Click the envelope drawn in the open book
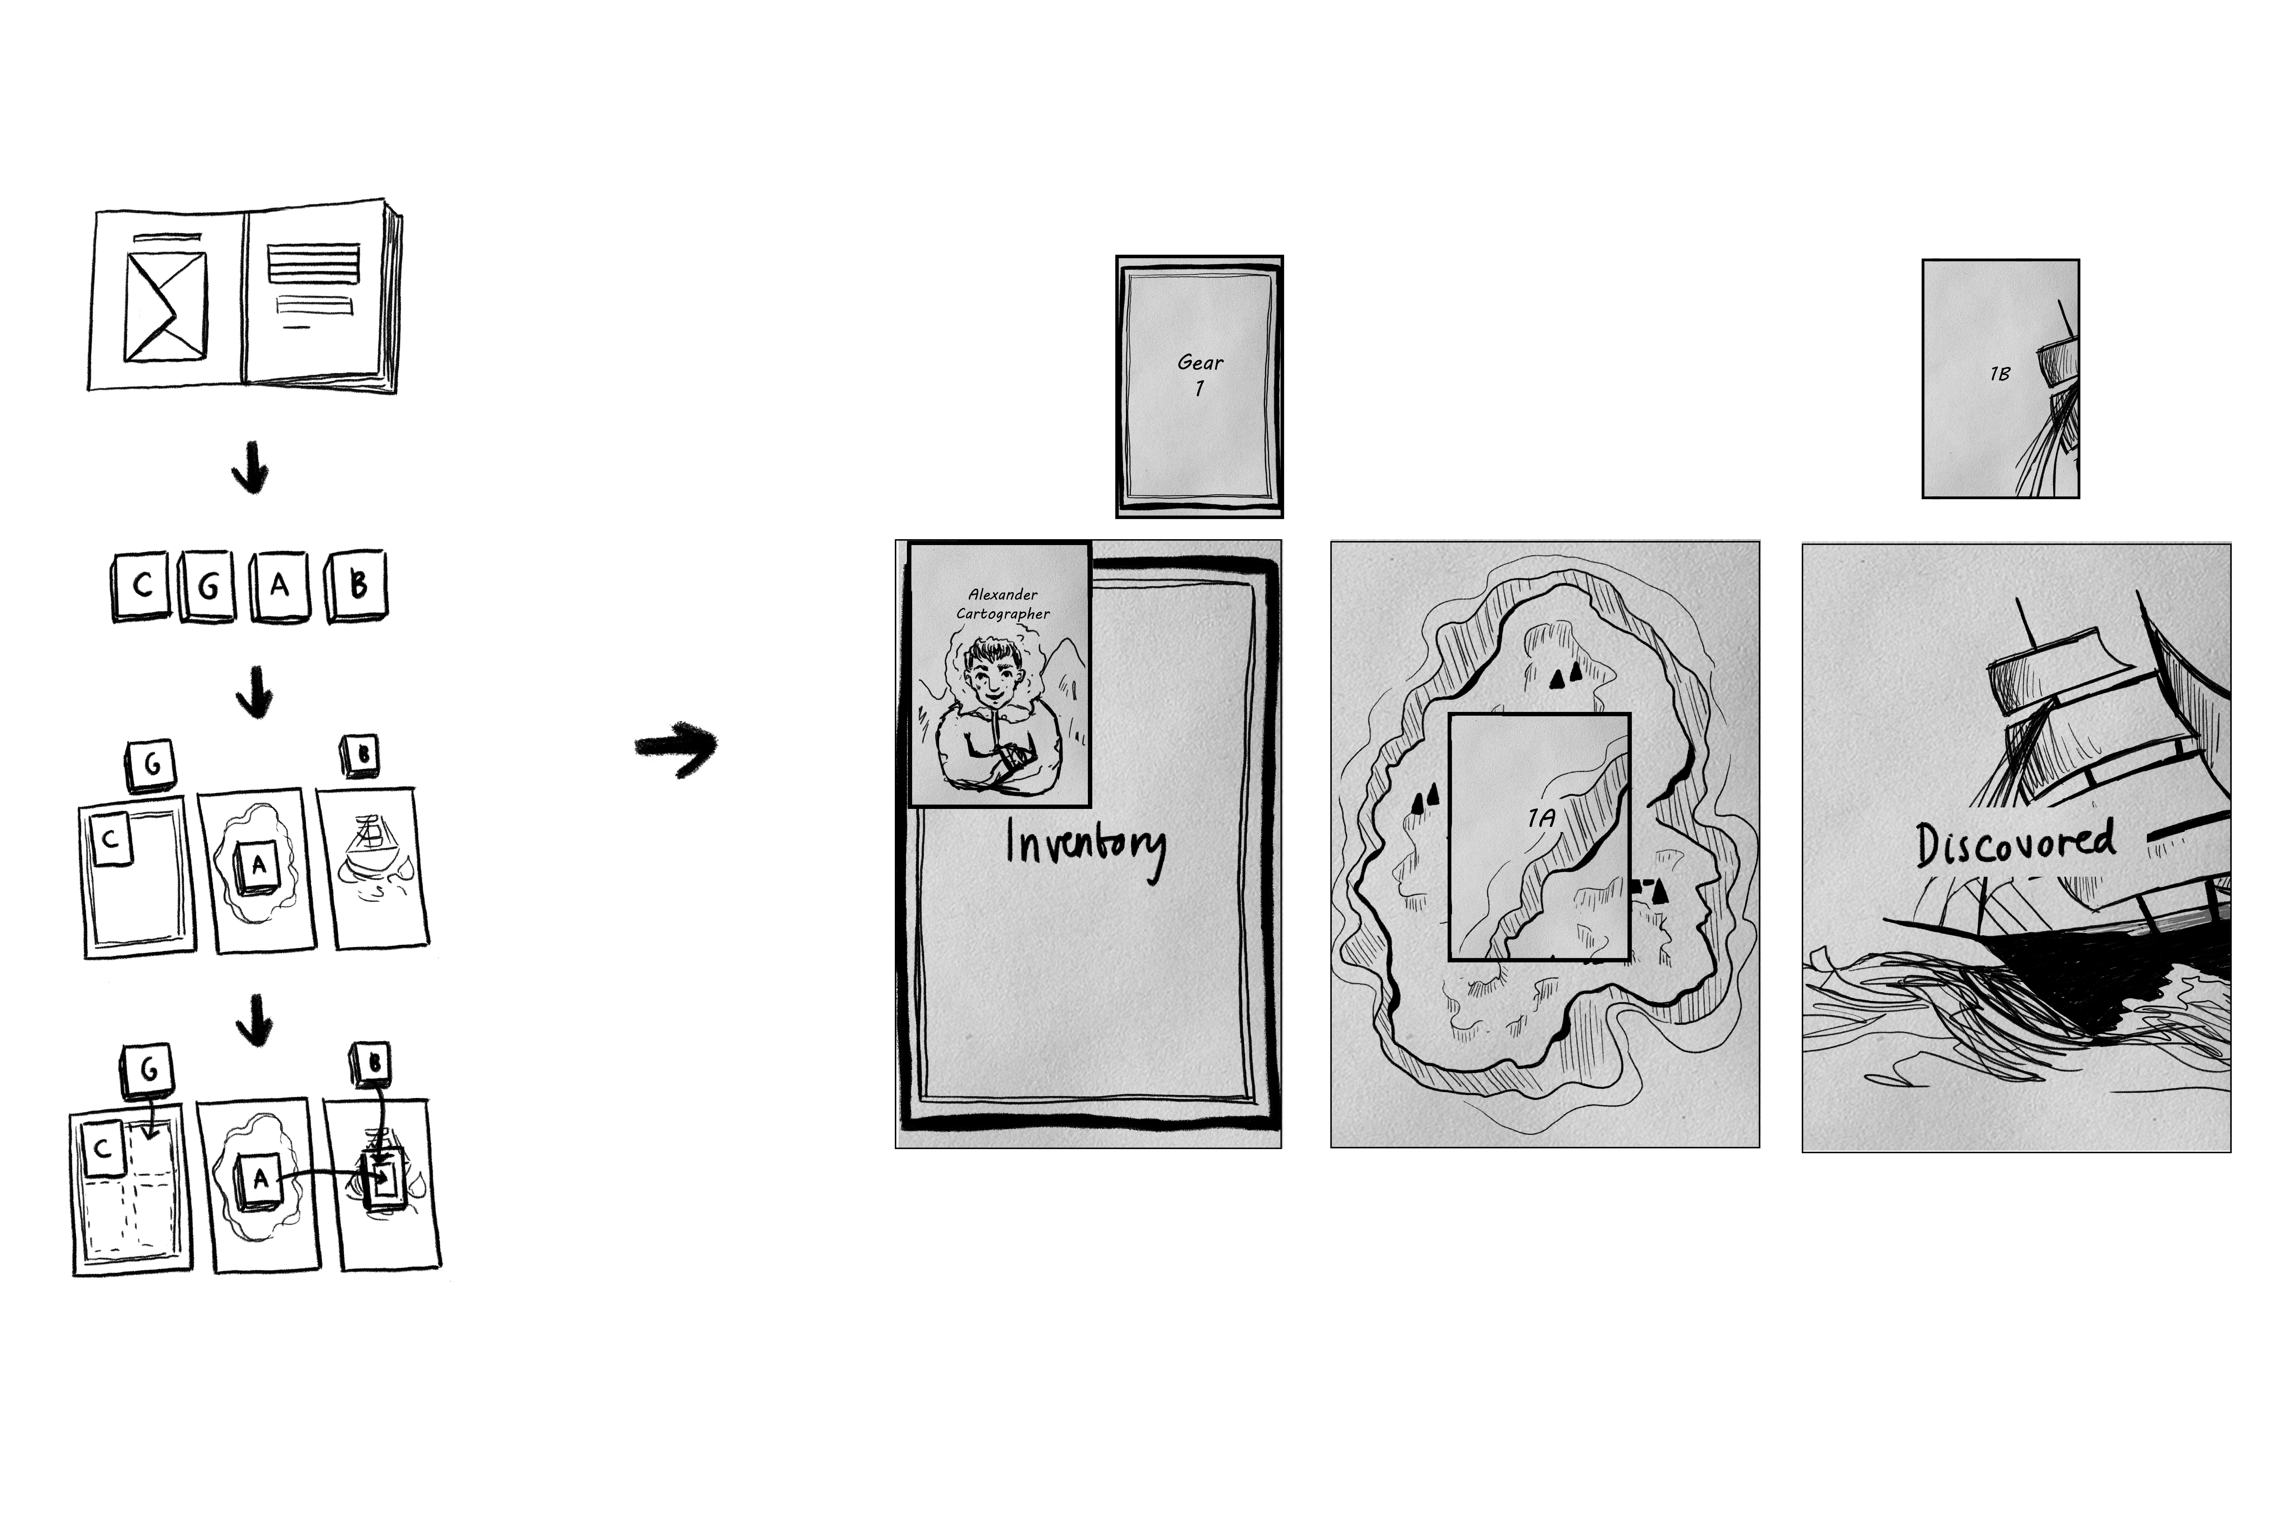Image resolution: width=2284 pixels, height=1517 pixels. (165, 306)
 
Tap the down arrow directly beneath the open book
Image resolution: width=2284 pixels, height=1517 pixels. (251, 468)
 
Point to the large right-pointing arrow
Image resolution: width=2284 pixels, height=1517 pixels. (676, 748)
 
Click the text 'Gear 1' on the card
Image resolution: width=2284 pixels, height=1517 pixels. (1200, 374)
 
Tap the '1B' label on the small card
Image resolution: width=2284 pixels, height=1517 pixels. (1999, 373)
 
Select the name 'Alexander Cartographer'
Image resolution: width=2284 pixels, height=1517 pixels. (1003, 604)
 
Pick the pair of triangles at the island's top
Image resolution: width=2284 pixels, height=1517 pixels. (1565, 675)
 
